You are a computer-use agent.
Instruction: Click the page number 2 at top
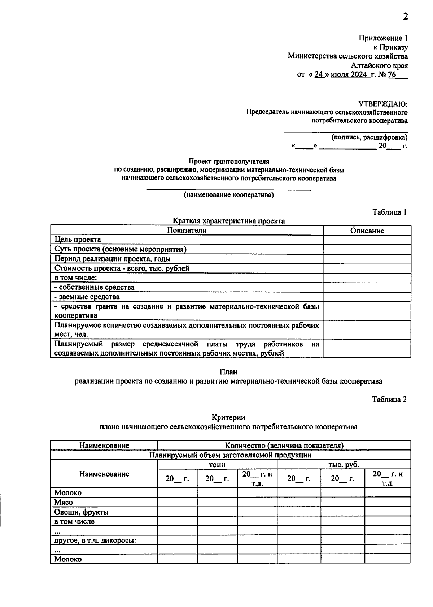click(x=405, y=17)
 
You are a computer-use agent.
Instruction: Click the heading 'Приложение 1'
click(x=383, y=38)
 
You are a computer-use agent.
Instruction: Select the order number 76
click(x=392, y=75)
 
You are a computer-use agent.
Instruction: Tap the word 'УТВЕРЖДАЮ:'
click(x=382, y=104)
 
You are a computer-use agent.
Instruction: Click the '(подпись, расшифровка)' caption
click(x=369, y=137)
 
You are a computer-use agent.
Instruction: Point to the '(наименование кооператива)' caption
click(x=229, y=195)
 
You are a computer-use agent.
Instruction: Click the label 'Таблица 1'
click(x=389, y=212)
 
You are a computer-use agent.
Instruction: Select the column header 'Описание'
click(x=367, y=231)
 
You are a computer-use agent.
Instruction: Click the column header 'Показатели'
click(x=187, y=230)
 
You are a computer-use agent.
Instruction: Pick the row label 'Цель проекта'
click(x=78, y=240)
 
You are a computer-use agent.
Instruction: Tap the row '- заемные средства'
click(x=87, y=297)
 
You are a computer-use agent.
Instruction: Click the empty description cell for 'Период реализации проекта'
click(x=367, y=259)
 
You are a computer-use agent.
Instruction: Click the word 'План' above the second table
click(x=228, y=372)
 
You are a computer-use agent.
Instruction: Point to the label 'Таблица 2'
click(x=389, y=399)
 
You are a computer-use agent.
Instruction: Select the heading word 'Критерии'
click(x=228, y=418)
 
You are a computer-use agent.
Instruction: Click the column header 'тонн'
click(x=217, y=465)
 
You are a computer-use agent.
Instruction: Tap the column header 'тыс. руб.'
click(x=344, y=465)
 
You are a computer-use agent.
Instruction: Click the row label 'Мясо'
click(x=64, y=502)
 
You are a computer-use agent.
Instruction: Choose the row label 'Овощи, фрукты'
click(x=81, y=512)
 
